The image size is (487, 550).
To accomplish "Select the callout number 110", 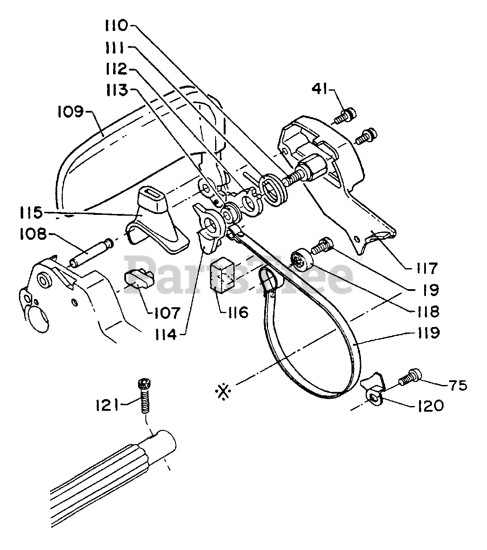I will pos(116,26).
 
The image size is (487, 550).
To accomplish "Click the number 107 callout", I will pos(167,312).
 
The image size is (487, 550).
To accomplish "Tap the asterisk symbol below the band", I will pos(224,391).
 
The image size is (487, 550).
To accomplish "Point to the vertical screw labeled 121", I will pos(143,395).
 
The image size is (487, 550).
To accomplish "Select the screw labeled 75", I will pos(410,377).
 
